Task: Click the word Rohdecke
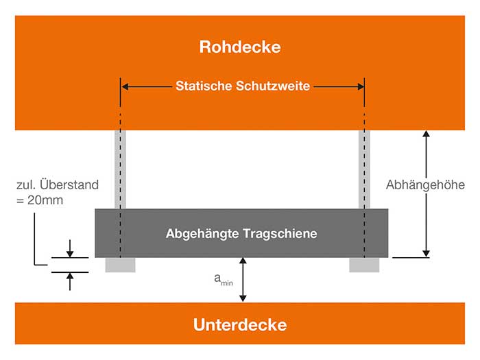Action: tap(240, 47)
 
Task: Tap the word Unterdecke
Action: tap(240, 325)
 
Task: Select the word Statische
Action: tap(204, 86)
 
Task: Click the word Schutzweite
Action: tap(273, 86)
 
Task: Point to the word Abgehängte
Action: tap(202, 234)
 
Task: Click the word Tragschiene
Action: tap(280, 234)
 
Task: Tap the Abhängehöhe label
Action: tap(425, 185)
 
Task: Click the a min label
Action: tap(224, 280)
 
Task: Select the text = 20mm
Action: tap(40, 200)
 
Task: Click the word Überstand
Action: tap(69, 184)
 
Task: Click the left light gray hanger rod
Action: tap(120, 169)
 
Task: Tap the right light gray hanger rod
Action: tap(364, 169)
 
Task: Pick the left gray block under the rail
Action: tap(120, 265)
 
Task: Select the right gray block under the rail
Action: tap(364, 265)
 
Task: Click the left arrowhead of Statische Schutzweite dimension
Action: tap(125, 86)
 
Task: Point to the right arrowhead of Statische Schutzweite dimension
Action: tap(360, 86)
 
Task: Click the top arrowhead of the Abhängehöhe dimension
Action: tap(426, 134)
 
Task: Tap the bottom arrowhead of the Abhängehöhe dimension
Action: tap(426, 254)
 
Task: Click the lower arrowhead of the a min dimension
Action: tap(243, 298)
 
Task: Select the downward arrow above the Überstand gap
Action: tap(70, 248)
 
